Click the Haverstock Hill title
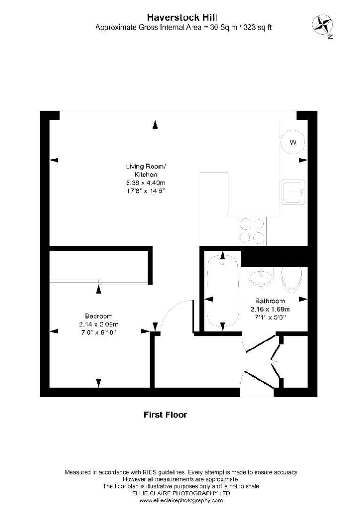click(182, 17)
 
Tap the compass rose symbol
click(323, 25)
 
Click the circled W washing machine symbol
click(293, 142)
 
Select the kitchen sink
click(293, 192)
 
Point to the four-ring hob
click(252, 230)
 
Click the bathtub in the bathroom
click(223, 291)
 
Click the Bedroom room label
click(98, 316)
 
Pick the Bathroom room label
click(270, 301)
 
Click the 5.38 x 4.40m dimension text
click(146, 183)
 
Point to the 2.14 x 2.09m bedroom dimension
click(98, 324)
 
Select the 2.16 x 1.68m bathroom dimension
click(270, 309)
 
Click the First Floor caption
click(165, 415)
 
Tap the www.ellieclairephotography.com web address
click(181, 500)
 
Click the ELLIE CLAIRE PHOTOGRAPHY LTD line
click(181, 493)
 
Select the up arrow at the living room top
click(155, 124)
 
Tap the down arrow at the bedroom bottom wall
click(99, 383)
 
